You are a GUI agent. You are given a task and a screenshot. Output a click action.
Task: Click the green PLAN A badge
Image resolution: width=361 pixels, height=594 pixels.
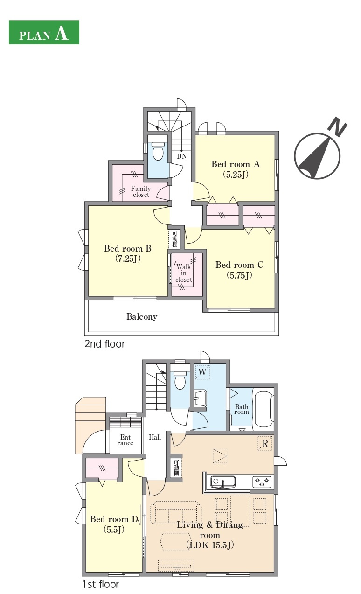coord(44,32)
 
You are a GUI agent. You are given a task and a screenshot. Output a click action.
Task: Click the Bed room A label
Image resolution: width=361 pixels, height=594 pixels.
coord(236,164)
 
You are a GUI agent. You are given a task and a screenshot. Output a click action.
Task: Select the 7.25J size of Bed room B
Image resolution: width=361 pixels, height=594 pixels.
coord(128,259)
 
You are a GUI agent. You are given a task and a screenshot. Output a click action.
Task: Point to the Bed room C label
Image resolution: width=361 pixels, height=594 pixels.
coord(239,265)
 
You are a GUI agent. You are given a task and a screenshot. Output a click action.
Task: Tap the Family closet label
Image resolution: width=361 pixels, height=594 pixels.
coord(141,191)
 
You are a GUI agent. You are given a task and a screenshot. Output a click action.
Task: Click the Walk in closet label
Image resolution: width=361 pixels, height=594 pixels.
coord(184,273)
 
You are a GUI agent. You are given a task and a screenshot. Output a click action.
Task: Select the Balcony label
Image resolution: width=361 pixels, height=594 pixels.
coord(142,317)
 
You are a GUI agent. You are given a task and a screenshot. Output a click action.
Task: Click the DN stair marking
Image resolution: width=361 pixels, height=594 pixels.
coord(182,156)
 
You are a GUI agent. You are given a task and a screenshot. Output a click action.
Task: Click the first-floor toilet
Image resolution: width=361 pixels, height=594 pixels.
coord(180,380)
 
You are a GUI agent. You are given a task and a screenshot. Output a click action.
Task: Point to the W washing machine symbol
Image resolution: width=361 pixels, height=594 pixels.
coord(202,372)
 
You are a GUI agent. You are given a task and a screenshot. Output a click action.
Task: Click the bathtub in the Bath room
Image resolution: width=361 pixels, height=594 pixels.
coord(263,409)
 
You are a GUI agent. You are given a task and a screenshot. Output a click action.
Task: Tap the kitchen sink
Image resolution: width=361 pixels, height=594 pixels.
coord(222,482)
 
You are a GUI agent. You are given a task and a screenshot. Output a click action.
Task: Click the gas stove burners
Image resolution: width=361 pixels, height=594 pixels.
coord(262,482)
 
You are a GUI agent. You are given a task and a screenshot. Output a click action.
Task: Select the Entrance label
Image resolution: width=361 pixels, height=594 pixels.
coord(125,440)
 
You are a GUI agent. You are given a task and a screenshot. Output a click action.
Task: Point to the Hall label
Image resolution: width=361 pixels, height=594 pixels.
coord(155,437)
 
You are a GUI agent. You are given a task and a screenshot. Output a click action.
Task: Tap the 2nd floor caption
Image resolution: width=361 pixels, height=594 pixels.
coord(104,344)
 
